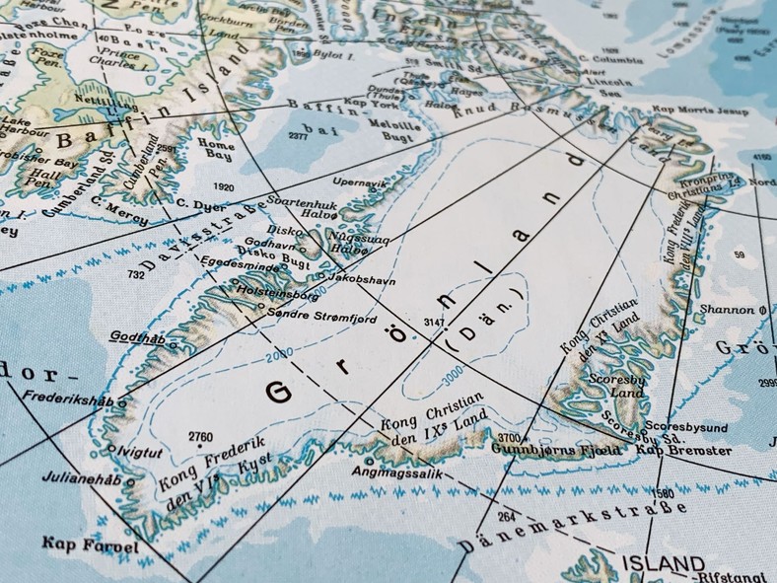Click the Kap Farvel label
[75, 543]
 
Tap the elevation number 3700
[509, 437]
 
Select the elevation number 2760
[200, 435]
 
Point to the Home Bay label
[216, 148]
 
